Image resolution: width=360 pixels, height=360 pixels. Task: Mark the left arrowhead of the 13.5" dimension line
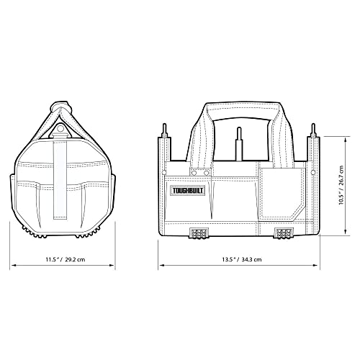coord(161,266)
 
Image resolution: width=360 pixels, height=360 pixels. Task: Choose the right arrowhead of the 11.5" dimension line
coord(113,266)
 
